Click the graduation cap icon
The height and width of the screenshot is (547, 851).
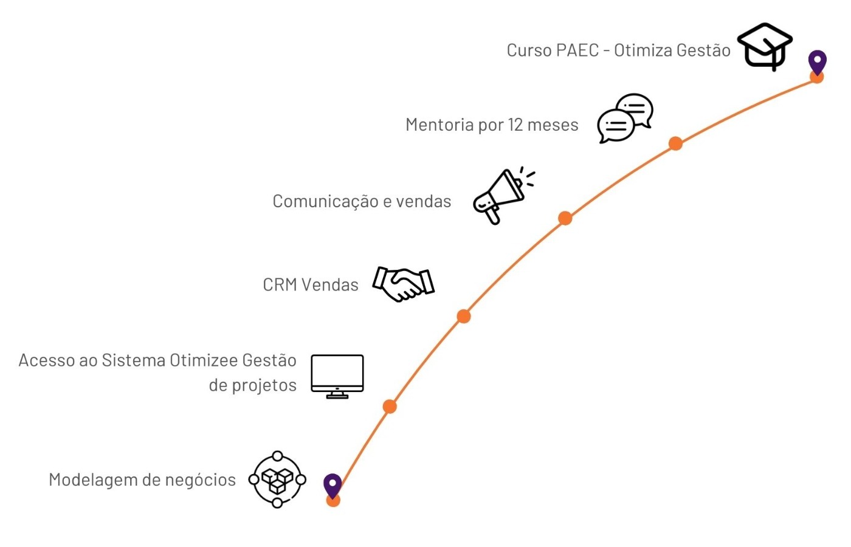(765, 46)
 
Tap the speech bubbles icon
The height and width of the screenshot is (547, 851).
(625, 118)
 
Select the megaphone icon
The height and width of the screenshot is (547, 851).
(503, 196)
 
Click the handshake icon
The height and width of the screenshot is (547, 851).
(404, 284)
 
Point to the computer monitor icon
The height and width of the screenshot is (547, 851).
(337, 376)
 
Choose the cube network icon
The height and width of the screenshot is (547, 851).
(277, 480)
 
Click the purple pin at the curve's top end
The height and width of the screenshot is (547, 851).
(817, 61)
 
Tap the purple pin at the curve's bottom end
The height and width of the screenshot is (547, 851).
(332, 485)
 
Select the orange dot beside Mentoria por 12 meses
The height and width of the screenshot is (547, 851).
(675, 143)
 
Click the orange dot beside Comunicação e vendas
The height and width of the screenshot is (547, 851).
(565, 218)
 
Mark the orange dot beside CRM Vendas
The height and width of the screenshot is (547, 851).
(464, 316)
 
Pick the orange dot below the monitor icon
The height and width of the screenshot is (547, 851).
(390, 407)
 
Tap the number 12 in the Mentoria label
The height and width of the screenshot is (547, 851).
(515, 125)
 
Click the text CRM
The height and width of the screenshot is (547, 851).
(280, 284)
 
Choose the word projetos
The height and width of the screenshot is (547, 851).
(264, 385)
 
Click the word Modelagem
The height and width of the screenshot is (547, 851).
(93, 480)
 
